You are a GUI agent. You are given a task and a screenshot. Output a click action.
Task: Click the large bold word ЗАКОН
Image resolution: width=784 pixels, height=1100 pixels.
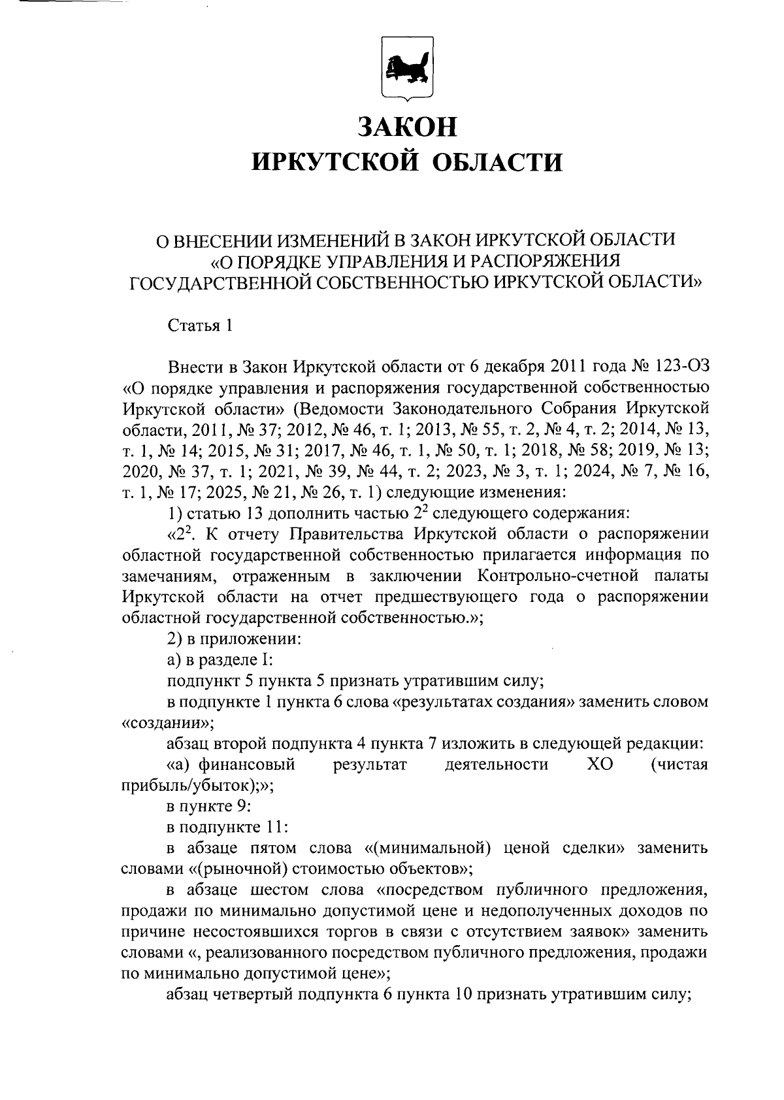tap(408, 126)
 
